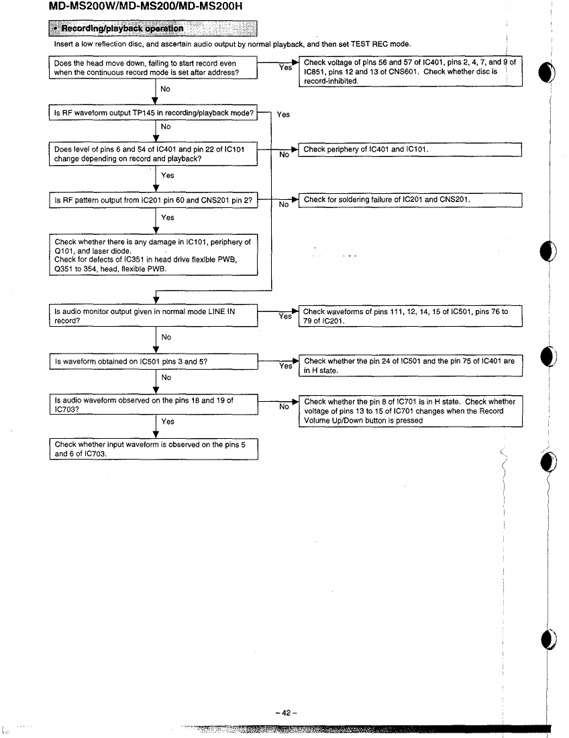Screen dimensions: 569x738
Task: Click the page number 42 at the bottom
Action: (286, 713)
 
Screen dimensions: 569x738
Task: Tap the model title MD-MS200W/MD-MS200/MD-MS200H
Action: (146, 7)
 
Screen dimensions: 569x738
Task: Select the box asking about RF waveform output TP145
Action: (154, 113)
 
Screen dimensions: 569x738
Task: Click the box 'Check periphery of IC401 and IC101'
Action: (410, 150)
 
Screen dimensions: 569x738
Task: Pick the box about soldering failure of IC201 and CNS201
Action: (410, 200)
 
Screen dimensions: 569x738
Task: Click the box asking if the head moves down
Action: (154, 68)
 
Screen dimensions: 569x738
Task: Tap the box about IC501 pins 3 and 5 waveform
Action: (154, 362)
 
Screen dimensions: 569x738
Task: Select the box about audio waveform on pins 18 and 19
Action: (154, 405)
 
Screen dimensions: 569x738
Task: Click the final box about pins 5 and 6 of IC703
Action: (154, 449)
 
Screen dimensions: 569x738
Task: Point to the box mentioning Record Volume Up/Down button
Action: (411, 411)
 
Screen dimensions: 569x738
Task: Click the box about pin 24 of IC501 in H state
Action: (411, 366)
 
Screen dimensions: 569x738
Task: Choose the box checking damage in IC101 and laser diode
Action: (154, 255)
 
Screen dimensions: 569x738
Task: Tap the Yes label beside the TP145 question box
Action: (283, 114)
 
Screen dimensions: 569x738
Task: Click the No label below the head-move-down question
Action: (165, 89)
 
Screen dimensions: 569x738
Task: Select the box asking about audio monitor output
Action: (154, 316)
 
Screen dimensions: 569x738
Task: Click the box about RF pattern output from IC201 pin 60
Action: (154, 200)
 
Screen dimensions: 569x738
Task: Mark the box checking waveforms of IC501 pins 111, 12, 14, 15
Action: (411, 316)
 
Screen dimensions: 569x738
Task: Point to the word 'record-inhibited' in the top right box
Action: (331, 81)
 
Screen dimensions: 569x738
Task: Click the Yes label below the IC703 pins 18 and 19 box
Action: (168, 422)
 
